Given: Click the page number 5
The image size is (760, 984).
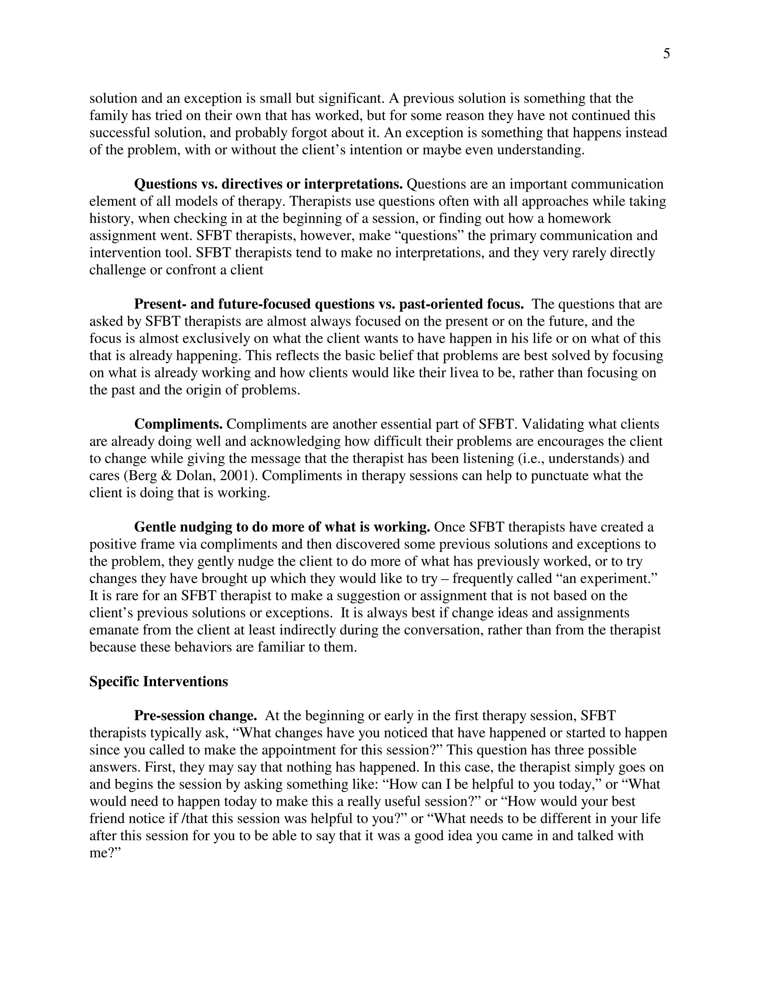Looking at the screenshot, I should point(666,54).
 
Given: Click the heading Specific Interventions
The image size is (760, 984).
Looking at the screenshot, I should point(158,681).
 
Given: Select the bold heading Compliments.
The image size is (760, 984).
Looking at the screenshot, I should point(178,424).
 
